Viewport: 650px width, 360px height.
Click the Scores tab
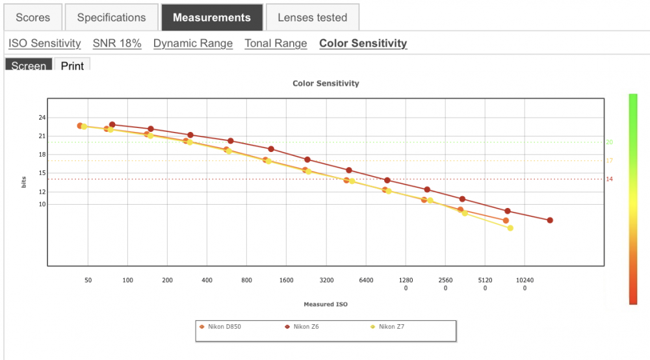pos(32,18)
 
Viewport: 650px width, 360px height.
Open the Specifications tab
pos(112,18)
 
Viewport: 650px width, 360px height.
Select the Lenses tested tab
pos(312,18)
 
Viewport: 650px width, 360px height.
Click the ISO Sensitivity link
pos(45,44)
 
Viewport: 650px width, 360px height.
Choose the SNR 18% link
pos(117,44)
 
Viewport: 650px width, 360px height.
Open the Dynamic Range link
pos(193,44)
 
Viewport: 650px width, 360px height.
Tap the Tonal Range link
pos(276,44)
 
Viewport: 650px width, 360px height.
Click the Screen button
pos(29,64)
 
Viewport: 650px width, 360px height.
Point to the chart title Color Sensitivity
pos(326,83)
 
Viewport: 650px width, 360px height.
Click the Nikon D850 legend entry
pos(220,327)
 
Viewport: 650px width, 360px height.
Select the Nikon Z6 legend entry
pos(302,327)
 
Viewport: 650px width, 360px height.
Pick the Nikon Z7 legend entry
pos(387,327)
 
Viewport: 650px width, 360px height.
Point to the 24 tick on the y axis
pos(42,118)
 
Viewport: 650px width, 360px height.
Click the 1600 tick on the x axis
pos(286,281)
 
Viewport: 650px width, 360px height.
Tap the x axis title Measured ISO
pos(326,304)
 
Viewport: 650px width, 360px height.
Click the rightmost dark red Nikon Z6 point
pos(550,220)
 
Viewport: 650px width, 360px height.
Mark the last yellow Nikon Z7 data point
pos(510,228)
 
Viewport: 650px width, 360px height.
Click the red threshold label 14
pos(610,179)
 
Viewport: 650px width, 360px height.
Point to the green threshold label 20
pos(610,142)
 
